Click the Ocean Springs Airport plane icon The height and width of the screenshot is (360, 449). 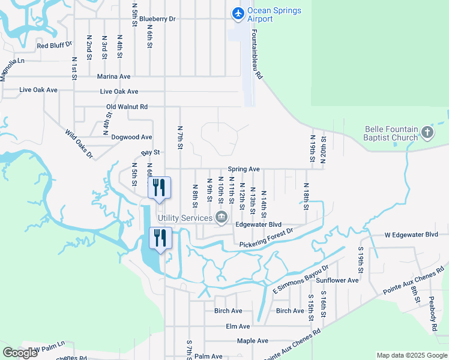238,13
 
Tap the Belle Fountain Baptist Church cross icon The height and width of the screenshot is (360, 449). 427,131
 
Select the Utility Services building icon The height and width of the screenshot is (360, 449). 221,217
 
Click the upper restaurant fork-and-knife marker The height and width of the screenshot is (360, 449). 159,187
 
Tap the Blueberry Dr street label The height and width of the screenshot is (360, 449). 157,19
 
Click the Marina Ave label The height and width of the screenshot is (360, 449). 114,77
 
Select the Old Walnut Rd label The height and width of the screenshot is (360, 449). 127,107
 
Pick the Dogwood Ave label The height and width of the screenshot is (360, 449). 131,137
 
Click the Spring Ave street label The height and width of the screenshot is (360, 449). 243,170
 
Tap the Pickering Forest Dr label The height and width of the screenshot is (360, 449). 266,238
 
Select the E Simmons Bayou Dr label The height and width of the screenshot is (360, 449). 301,280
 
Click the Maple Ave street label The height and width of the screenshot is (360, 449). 252,341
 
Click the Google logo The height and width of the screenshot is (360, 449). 19,353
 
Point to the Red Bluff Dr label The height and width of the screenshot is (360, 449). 54,46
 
